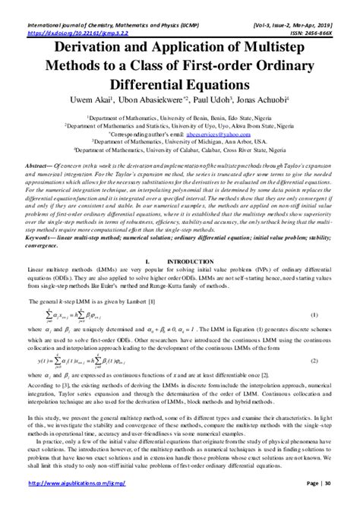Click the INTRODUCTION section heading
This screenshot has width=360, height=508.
(x=186, y=260)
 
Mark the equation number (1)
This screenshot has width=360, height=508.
(x=313, y=314)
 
